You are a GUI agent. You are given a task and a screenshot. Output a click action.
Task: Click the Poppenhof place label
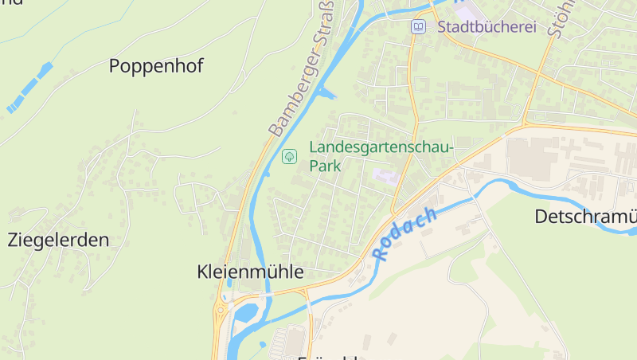coord(155,66)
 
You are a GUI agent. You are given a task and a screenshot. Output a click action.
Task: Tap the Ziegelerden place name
coord(58,240)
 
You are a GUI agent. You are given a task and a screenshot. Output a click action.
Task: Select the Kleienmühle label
coord(250,272)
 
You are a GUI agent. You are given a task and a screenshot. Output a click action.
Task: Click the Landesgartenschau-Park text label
coord(381,157)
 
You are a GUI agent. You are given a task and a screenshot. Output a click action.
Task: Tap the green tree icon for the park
coord(289,156)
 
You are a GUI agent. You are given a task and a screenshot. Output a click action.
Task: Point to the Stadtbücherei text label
coord(487,26)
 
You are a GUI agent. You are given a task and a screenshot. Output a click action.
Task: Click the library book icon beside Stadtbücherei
coord(418,27)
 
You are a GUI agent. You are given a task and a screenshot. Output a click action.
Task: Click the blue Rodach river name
coord(405,235)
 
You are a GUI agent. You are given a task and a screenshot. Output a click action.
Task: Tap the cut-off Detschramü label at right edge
coord(585,217)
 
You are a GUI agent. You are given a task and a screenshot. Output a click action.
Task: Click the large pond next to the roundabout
coord(244,314)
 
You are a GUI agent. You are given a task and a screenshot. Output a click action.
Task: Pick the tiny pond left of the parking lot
coord(262,344)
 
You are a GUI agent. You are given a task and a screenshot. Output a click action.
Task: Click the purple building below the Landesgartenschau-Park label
coord(385,177)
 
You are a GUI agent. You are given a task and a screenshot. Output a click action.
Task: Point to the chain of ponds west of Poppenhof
coord(29,87)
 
